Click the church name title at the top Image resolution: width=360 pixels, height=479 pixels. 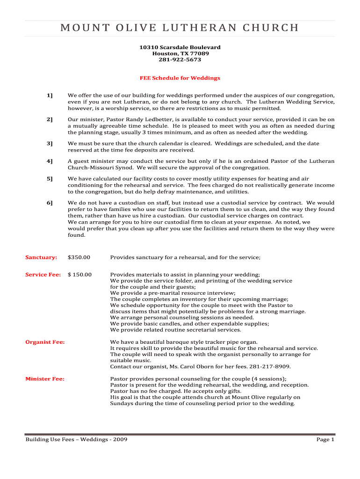(x=180, y=28)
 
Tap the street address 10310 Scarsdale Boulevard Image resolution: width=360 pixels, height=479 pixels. (x=180, y=48)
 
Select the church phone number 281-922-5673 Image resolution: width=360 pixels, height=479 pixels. (x=180, y=60)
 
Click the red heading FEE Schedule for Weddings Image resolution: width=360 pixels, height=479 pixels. (x=180, y=78)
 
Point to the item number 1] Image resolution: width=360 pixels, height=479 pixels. (x=50, y=95)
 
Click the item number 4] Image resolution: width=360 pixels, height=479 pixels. (x=50, y=161)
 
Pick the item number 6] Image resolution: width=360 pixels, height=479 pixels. (x=50, y=203)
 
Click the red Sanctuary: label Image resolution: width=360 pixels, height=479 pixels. (x=41, y=257)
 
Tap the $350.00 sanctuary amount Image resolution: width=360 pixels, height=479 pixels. (x=79, y=257)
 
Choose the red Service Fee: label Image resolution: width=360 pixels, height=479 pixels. (x=43, y=275)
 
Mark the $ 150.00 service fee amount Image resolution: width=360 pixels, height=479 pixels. (x=80, y=275)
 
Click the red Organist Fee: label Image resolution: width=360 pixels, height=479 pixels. (x=45, y=342)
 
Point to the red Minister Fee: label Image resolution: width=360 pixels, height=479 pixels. (x=45, y=379)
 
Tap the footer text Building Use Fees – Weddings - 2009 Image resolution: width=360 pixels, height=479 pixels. (x=76, y=440)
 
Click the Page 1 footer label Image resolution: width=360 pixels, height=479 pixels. (x=325, y=440)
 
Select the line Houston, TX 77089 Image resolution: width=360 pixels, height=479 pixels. (x=180, y=54)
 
